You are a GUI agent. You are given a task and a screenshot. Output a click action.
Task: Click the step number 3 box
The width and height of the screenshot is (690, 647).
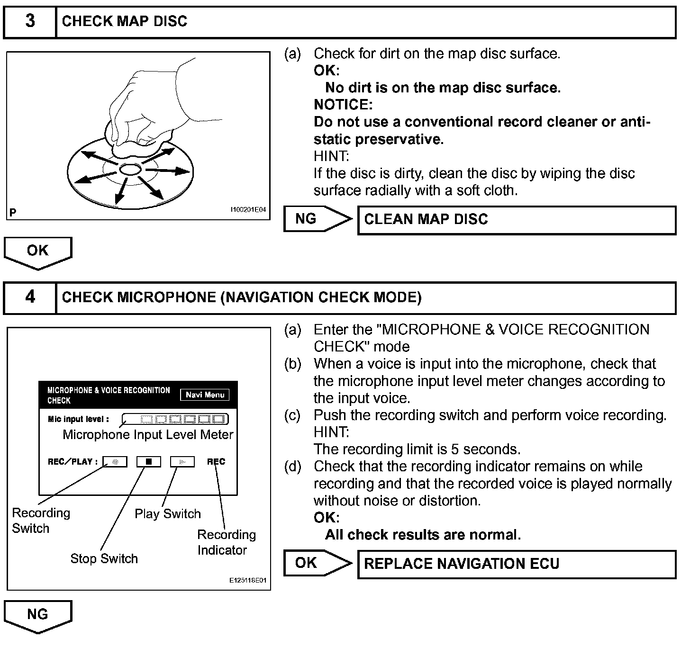point(30,21)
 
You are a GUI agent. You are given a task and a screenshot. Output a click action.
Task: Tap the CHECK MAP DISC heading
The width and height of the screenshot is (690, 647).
point(125,21)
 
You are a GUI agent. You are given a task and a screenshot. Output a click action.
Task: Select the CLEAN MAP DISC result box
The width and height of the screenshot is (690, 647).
point(516,220)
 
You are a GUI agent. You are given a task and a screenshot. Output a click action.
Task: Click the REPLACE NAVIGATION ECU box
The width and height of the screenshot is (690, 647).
point(516,564)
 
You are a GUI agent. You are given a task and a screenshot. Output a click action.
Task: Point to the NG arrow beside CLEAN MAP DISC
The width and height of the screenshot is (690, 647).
point(317,219)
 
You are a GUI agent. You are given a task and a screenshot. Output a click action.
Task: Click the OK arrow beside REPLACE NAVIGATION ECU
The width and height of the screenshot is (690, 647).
point(317,563)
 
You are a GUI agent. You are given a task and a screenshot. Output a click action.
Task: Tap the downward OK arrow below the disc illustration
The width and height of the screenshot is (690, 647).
point(38,252)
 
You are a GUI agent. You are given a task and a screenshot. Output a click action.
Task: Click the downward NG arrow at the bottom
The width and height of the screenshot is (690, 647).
point(38,616)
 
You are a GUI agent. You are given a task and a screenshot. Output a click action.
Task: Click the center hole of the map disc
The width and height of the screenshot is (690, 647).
point(128,169)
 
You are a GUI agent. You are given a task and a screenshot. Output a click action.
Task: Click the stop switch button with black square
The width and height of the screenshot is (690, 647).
point(149,461)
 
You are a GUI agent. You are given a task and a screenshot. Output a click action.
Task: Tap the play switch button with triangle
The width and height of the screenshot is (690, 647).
point(182,461)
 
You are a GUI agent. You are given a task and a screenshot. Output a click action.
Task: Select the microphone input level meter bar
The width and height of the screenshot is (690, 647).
point(175,419)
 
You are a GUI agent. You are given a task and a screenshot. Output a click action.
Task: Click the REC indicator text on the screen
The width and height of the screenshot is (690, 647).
point(216,461)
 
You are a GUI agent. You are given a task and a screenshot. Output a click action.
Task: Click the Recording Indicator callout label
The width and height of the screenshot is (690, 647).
point(226,542)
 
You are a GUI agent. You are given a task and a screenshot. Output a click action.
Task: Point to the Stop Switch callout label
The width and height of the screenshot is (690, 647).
point(104,559)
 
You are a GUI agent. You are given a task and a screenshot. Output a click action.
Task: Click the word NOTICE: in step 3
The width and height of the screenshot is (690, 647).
point(343,105)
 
